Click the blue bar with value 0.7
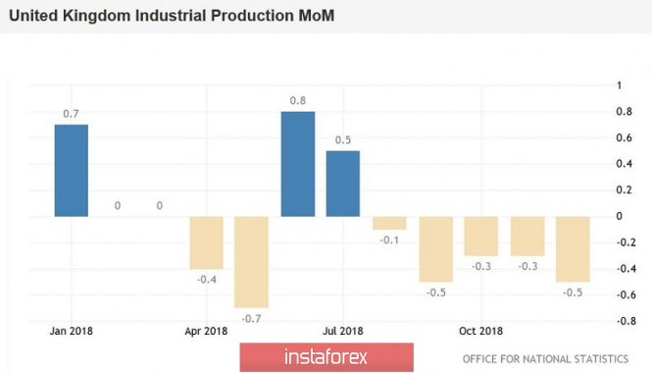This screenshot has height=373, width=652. [72, 170]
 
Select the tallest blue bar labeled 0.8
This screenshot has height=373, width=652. [298, 164]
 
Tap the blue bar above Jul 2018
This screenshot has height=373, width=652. [342, 184]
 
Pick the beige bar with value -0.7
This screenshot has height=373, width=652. [251, 262]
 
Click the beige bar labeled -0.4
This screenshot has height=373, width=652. [206, 242]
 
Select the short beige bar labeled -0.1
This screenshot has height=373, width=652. [389, 223]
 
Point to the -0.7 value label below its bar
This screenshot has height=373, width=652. [251, 319]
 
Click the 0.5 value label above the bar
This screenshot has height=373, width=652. [343, 139]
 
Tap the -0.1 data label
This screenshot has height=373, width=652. [389, 240]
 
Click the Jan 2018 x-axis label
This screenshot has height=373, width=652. [72, 331]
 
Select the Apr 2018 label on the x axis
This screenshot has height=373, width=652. [206, 331]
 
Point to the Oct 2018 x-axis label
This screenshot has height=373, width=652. [480, 331]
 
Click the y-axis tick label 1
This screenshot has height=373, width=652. [619, 85]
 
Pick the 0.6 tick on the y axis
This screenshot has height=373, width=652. [624, 137]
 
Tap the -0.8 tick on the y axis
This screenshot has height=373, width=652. [626, 321]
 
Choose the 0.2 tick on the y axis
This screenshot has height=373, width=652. [624, 189]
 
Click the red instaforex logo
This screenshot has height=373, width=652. [326, 357]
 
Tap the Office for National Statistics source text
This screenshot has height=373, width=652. [545, 359]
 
